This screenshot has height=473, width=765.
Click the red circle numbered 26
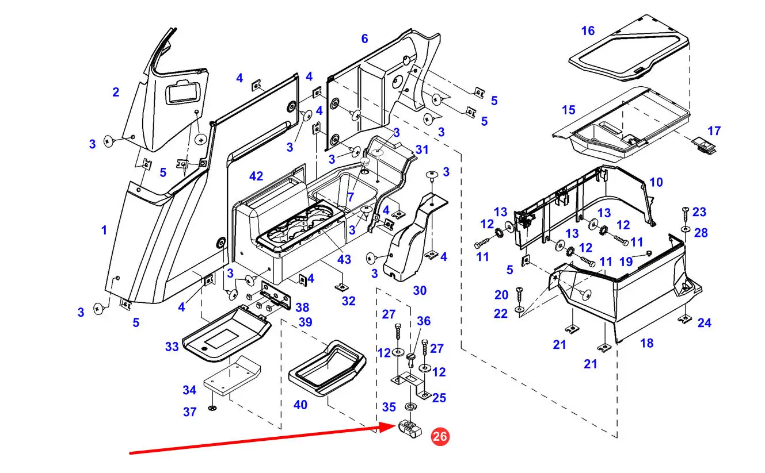[440, 437]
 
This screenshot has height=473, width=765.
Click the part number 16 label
[588, 30]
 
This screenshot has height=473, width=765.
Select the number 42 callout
[256, 175]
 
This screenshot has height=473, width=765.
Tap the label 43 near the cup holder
[344, 259]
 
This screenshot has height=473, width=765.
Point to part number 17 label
[714, 131]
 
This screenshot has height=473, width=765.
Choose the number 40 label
[300, 405]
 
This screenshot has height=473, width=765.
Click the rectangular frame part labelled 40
[327, 368]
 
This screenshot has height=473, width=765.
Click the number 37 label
[190, 412]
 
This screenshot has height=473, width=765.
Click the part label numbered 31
[422, 149]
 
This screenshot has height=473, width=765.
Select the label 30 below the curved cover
[420, 290]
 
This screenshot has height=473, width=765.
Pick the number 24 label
[704, 323]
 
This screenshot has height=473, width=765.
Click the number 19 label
[626, 262]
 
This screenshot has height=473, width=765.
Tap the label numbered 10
[656, 182]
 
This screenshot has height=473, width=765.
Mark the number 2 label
[116, 92]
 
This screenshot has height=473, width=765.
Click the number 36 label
[424, 321]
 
